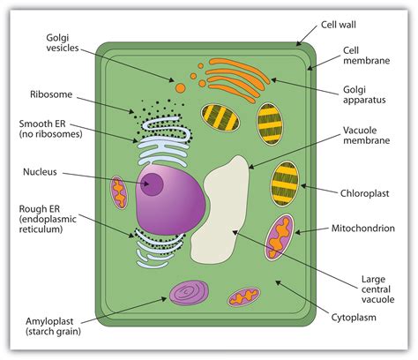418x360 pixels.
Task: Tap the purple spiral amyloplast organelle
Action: point(189,292)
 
